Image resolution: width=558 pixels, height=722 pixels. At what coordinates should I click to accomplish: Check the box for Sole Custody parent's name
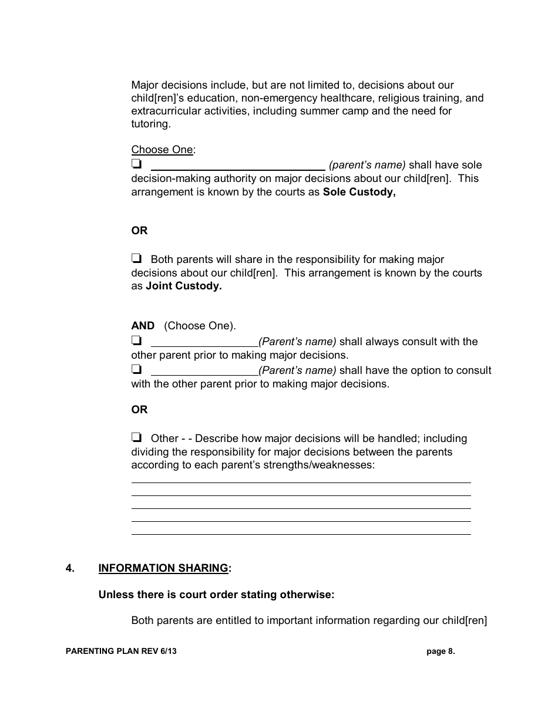136,164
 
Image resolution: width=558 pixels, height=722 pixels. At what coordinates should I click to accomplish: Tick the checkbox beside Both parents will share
136,258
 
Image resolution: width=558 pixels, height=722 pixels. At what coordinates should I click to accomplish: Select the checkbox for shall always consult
136,340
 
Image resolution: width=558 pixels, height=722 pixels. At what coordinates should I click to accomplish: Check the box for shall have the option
136,370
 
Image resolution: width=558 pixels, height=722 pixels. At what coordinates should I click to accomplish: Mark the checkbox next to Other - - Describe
136,437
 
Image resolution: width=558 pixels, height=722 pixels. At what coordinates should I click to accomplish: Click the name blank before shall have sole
237,166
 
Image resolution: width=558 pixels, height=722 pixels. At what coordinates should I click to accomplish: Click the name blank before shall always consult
204,342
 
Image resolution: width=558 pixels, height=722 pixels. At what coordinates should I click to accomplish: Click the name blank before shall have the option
204,371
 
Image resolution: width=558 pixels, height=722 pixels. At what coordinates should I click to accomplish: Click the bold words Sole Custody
359,192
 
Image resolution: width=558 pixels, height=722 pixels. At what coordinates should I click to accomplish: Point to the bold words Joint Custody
183,286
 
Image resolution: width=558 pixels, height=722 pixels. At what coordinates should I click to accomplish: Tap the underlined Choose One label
162,150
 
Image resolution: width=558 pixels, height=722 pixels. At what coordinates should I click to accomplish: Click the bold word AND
143,326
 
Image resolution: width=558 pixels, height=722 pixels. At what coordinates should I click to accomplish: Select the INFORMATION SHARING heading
163,568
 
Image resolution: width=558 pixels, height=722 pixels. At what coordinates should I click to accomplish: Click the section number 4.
70,568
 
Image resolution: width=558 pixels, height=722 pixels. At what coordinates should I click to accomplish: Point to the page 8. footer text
441,651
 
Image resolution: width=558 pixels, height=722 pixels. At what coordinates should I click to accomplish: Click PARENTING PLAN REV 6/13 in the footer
121,651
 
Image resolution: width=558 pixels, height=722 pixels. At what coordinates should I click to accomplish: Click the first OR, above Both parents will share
139,231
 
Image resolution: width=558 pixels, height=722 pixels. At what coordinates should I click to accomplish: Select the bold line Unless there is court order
216,594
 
